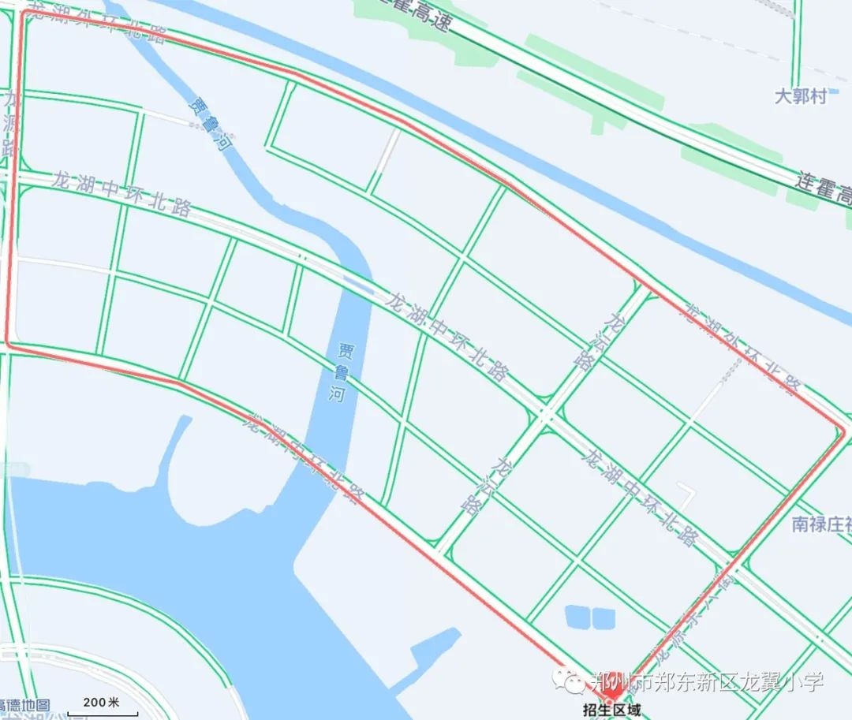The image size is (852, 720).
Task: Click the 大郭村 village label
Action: pos(801,96)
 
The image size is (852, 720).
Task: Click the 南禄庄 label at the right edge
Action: pos(821,524)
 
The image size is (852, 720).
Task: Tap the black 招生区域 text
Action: pos(613,709)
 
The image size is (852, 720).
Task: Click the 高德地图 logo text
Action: pos(24,705)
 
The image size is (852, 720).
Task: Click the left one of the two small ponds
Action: pos(577,616)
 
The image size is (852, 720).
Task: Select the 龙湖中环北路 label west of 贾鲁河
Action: pos(122,194)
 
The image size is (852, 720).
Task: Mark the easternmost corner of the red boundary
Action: pos(844,431)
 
